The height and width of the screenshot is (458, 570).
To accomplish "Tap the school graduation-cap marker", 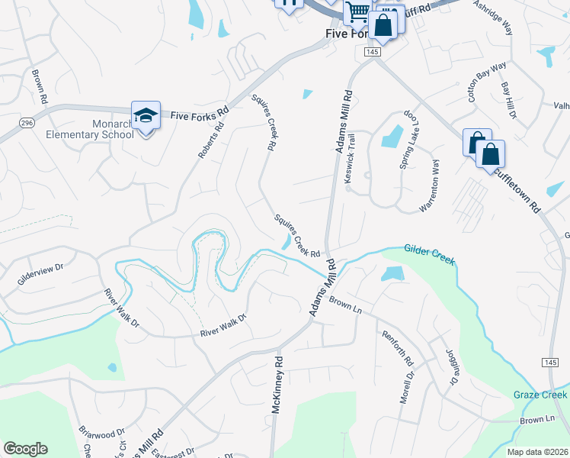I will click(145, 115).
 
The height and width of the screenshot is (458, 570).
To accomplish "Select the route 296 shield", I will click(27, 122).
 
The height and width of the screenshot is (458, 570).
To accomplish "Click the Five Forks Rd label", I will click(200, 113).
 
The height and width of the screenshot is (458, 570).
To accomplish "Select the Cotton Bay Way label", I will click(488, 82).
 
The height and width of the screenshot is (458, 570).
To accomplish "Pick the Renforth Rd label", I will click(397, 347).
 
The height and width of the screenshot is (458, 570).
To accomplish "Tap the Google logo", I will click(25, 449).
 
